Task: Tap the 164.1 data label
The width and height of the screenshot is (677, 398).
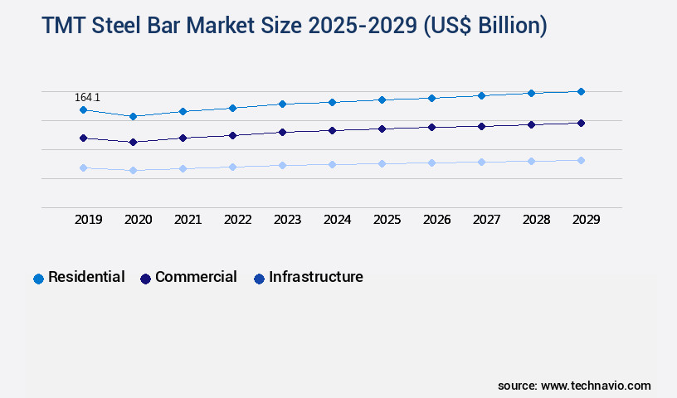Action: coord(87,97)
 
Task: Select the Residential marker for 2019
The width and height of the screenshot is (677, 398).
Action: coord(83,109)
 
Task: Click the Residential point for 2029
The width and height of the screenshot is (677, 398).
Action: coord(581,91)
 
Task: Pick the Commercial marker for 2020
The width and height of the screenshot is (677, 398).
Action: coord(133,142)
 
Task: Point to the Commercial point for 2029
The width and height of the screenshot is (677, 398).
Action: coord(581,123)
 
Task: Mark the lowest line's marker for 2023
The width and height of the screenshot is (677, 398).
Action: coord(282,165)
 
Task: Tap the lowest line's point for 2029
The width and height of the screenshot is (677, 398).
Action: coord(581,160)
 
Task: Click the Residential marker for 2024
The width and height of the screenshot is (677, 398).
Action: coord(332,102)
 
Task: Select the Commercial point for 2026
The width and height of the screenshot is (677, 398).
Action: coord(431,127)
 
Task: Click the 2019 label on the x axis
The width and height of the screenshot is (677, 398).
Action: coord(89,220)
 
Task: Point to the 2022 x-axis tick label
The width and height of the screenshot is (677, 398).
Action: coord(238,220)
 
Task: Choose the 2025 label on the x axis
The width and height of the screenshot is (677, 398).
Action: coord(387,220)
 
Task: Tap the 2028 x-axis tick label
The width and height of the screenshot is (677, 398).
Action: coord(537,220)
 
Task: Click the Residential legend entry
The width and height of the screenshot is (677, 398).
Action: coord(79,278)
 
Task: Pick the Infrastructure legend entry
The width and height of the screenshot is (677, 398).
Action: coord(308,278)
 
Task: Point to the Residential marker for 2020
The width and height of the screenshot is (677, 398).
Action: coord(133,116)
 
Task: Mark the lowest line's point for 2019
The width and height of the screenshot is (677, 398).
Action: coord(83,167)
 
